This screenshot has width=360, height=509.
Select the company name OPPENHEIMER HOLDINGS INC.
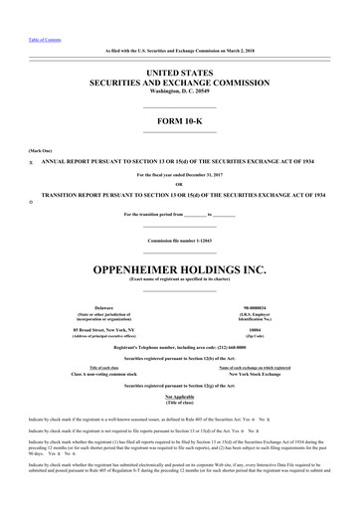click(179, 242)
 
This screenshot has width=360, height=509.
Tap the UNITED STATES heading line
click(179, 74)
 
